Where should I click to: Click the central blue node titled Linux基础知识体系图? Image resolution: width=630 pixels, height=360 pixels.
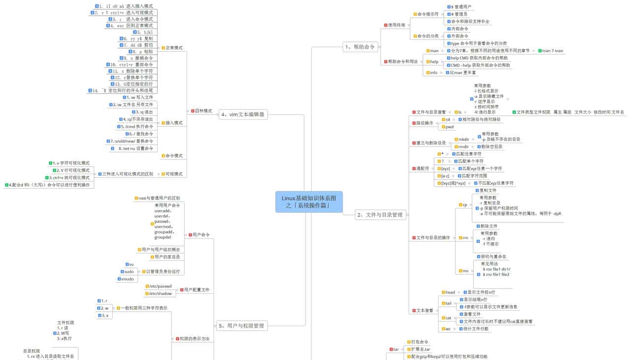click(309, 202)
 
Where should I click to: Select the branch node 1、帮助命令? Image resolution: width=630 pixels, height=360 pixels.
click(360, 47)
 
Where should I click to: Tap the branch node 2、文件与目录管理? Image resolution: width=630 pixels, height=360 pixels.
click(380, 215)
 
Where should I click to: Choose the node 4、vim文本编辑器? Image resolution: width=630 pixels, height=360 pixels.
click(242, 115)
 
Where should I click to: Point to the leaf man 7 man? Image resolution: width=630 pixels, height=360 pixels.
click(552, 51)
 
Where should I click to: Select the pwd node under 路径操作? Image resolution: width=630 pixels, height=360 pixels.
click(449, 127)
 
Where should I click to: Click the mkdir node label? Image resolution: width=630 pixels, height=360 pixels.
click(464, 139)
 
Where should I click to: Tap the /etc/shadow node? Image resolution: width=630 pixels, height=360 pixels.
click(160, 294)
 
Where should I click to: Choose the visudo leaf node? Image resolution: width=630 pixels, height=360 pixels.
click(127, 279)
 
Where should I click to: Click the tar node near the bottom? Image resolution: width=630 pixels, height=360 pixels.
click(395, 349)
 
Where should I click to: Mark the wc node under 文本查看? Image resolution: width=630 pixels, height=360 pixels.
click(447, 329)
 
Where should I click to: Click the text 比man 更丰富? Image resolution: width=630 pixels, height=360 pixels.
click(460, 73)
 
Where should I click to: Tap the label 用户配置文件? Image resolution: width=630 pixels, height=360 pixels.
click(196, 290)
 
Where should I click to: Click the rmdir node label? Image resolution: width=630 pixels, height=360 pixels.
click(464, 147)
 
